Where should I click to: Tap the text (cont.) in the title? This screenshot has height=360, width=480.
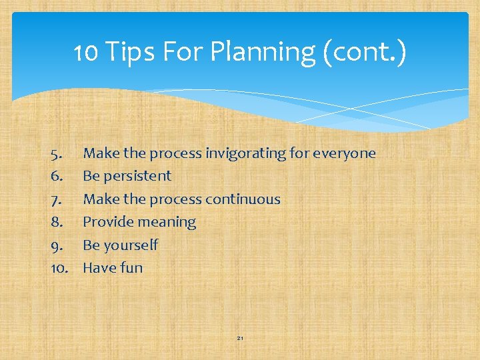[x=365, y=51]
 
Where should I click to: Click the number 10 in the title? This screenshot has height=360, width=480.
[x=85, y=51]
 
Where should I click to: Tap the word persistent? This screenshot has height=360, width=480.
[x=139, y=177]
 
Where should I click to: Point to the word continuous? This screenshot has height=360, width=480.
[x=243, y=199]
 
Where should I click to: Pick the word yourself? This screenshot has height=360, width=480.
[x=131, y=245]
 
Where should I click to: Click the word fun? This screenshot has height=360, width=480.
[x=132, y=268]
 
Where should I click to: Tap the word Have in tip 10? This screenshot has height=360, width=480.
[x=100, y=268]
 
